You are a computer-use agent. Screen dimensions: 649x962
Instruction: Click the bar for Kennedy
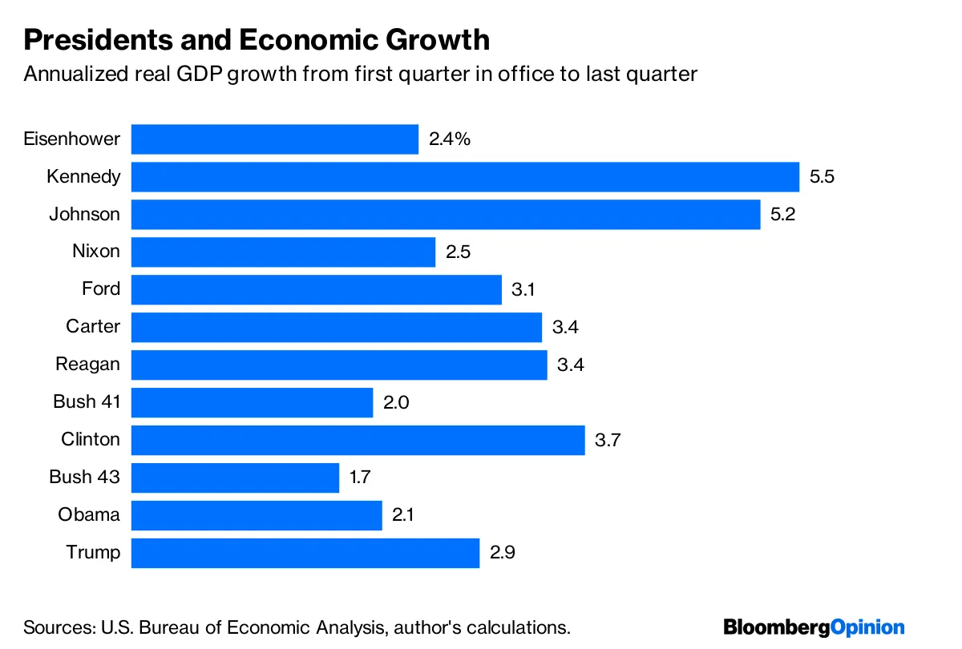465,177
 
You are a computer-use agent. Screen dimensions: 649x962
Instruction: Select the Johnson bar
445,215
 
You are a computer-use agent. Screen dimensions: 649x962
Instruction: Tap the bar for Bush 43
235,478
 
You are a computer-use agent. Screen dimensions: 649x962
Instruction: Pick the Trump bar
305,553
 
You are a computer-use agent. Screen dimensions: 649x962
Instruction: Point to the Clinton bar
358,440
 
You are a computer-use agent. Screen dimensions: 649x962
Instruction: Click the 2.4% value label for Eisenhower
449,139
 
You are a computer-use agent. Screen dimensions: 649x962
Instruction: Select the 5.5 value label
822,177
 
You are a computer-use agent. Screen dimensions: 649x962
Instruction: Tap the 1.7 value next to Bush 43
360,478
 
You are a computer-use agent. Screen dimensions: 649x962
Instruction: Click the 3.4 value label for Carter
565,327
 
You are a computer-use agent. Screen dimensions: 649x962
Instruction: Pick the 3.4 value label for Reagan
570,365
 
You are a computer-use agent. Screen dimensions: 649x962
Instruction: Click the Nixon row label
96,252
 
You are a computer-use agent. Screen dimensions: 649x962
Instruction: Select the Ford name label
101,289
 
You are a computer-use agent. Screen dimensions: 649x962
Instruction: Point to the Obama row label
89,515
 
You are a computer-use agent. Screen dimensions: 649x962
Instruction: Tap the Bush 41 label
87,402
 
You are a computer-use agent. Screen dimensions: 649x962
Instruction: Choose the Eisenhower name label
72,139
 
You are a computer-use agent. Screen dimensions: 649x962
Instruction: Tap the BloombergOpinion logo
814,627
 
